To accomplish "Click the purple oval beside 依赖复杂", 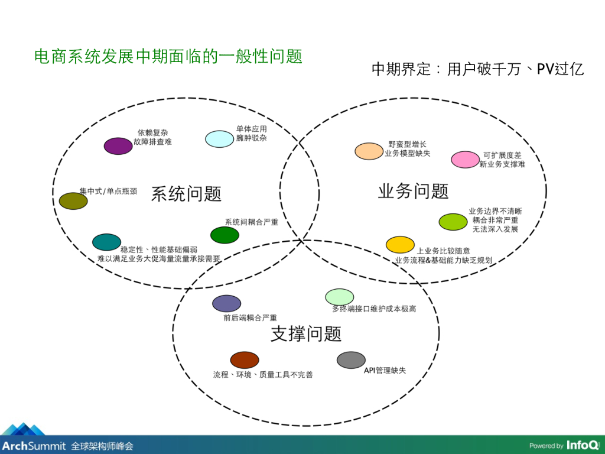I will (118, 146).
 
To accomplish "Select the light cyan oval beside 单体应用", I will (220, 139).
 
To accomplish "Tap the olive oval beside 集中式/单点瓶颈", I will (73, 201).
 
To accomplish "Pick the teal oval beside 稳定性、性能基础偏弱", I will (106, 242).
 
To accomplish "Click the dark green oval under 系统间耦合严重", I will (225, 235).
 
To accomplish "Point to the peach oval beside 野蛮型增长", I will (369, 151).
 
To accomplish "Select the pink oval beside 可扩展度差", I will (466, 160).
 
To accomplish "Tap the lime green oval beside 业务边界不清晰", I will (453, 222).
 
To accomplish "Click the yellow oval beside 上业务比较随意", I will (400, 244).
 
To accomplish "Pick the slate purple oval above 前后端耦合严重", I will (227, 303).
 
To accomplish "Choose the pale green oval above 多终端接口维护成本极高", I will (340, 297).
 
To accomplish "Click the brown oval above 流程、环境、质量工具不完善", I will (245, 359).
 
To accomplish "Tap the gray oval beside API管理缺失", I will (351, 359).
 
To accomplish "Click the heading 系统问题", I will (186, 194).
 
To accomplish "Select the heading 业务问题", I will (413, 191).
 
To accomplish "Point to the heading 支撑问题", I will (306, 334).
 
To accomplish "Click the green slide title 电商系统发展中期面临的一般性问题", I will (168, 57).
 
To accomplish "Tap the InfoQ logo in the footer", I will (581, 445).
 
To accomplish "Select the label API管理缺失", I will (385, 371).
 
